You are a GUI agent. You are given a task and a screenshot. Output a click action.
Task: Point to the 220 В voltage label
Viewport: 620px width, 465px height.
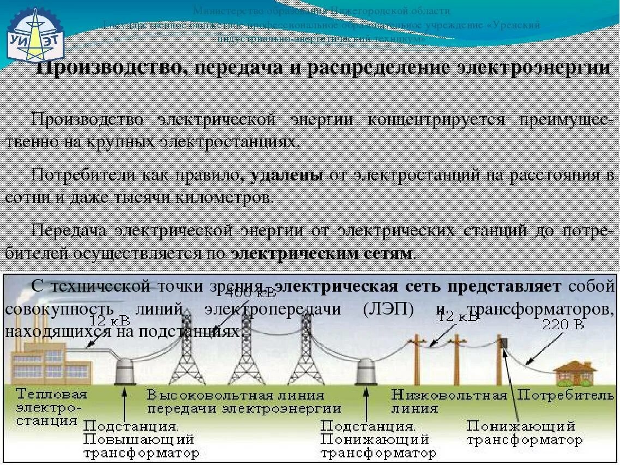click(x=563, y=325)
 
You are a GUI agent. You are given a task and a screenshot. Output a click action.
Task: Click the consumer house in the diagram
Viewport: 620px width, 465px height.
click(x=575, y=373)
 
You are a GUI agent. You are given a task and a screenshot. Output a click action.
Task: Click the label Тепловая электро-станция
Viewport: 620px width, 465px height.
click(x=51, y=407)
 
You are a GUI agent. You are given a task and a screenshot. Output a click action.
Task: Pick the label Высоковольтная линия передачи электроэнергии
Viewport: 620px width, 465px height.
click(x=243, y=401)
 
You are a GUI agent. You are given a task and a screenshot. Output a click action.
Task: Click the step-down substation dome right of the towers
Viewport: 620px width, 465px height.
click(x=364, y=372)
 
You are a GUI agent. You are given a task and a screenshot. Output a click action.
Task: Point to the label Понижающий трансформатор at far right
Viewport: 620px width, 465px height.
click(x=524, y=432)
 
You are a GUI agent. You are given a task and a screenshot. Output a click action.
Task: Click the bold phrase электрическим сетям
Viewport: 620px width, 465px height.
click(x=322, y=253)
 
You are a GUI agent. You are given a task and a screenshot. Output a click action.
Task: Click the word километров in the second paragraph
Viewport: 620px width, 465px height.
click(x=223, y=197)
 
